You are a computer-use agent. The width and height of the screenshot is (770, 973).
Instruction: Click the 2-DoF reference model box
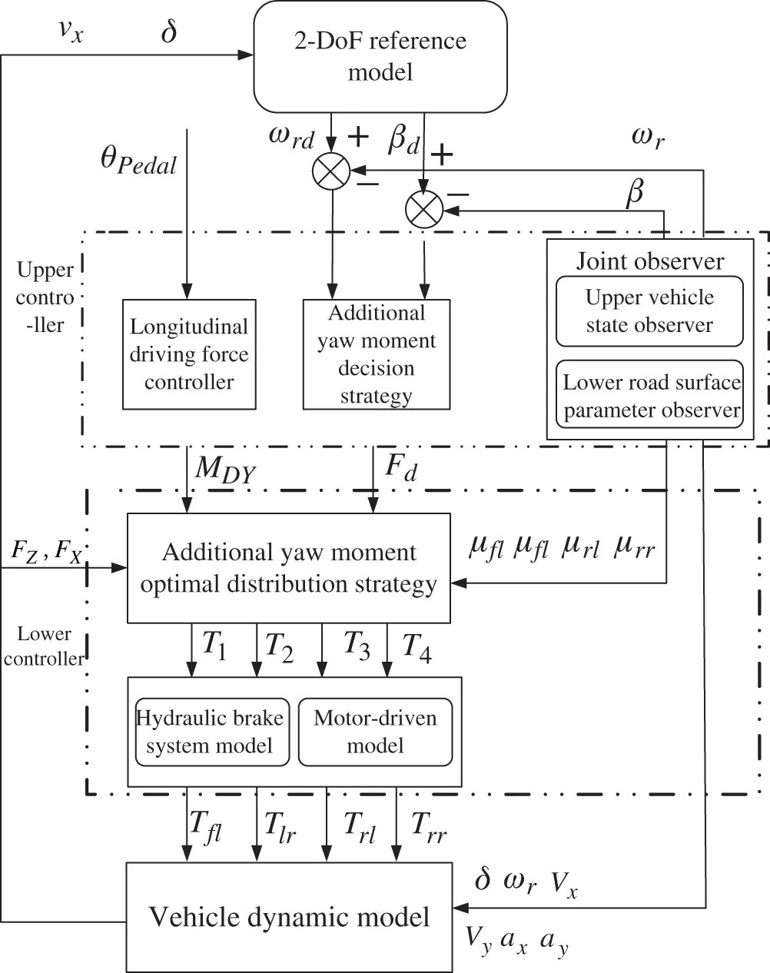point(380,56)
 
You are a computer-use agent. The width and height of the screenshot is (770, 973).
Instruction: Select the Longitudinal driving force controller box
point(189,354)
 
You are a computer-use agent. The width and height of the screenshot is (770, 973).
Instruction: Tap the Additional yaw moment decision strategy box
point(376,354)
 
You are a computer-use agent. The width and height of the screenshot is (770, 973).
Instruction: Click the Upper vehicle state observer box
point(649,311)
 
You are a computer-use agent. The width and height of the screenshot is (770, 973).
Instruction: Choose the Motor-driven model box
point(375,732)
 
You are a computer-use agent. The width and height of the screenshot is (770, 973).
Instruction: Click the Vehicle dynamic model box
point(289,916)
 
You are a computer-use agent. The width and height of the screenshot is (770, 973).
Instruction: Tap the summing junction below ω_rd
point(331,171)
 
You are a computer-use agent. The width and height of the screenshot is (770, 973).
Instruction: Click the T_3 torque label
point(355,646)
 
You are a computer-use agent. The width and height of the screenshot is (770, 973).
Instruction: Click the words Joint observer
point(649,261)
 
